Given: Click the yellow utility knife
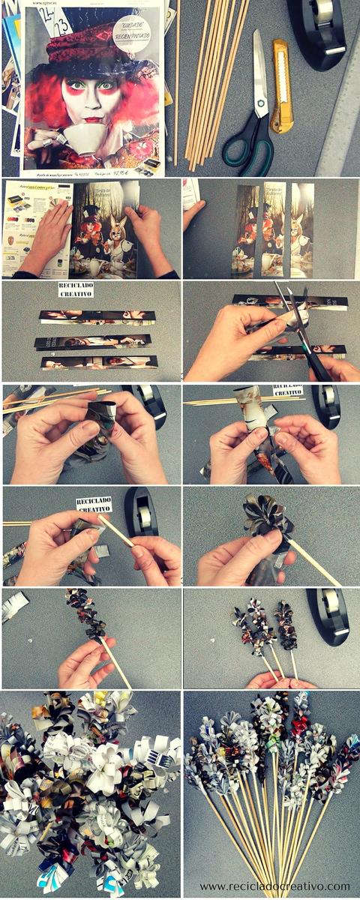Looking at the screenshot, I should [x=281, y=85].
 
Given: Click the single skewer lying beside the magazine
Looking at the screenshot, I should [x=177, y=82].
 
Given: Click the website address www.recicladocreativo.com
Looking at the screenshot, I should [x=274, y=886].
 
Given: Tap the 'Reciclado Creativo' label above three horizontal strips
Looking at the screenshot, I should [x=75, y=289].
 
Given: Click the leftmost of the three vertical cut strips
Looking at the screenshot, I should [x=244, y=229].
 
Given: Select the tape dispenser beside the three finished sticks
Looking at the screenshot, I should [x=328, y=615].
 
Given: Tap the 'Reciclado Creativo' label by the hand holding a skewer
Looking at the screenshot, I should [x=94, y=505].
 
